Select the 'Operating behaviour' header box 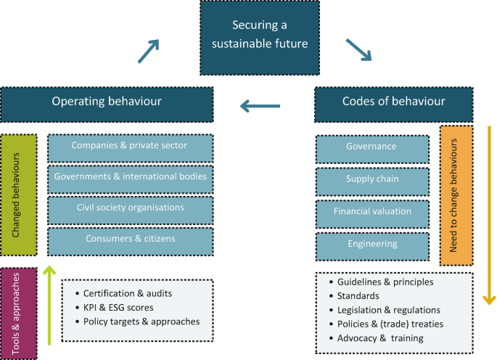click(x=107, y=102)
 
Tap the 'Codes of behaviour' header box click(x=393, y=102)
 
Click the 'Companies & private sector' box click(x=130, y=147)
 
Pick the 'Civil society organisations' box click(x=130, y=208)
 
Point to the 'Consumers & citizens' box click(x=130, y=240)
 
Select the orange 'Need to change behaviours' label click(x=456, y=195)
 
